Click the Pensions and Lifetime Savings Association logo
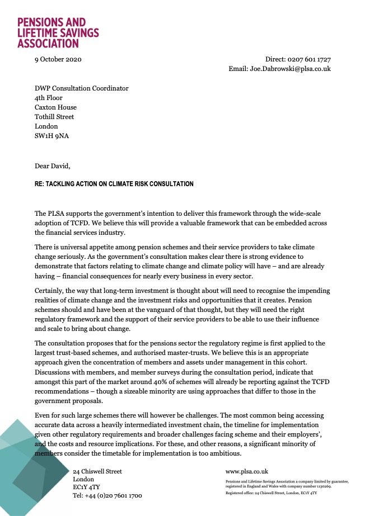58,32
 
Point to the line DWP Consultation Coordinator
81,88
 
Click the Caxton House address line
55,107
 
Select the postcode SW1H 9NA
52,136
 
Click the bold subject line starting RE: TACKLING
114,184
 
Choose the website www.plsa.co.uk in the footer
247,471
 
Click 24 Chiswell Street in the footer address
97,471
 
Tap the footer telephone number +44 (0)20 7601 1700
107,495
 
